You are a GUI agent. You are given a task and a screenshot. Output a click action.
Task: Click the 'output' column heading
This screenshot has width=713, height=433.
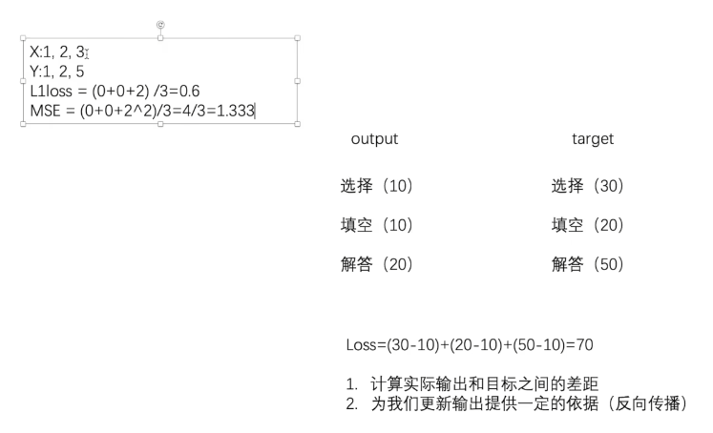click(374, 139)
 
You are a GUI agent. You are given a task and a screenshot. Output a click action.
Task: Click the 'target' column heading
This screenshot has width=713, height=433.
click(592, 139)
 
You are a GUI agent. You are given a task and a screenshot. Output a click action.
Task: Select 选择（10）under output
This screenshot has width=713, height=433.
click(376, 186)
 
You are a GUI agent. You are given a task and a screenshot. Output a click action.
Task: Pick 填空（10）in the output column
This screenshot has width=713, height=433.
click(376, 225)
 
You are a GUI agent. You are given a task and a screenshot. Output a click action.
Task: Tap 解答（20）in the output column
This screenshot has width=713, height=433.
click(376, 264)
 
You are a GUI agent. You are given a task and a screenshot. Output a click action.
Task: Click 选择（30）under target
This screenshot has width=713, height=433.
click(587, 186)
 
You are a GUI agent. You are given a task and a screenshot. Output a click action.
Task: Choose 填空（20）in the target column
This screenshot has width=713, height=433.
click(587, 225)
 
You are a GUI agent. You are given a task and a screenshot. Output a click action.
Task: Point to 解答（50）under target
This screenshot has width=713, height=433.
click(587, 264)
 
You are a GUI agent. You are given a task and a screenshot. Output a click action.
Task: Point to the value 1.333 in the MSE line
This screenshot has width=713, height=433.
click(236, 111)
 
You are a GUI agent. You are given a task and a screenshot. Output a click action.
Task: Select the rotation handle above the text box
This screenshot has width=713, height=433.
click(159, 24)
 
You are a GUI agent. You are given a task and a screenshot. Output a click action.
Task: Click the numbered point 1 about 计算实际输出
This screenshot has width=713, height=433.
click(472, 384)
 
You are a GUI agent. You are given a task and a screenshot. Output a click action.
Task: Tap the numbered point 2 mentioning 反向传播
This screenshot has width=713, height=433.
click(515, 404)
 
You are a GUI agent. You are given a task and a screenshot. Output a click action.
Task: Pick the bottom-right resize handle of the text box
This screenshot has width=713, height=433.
click(298, 124)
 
